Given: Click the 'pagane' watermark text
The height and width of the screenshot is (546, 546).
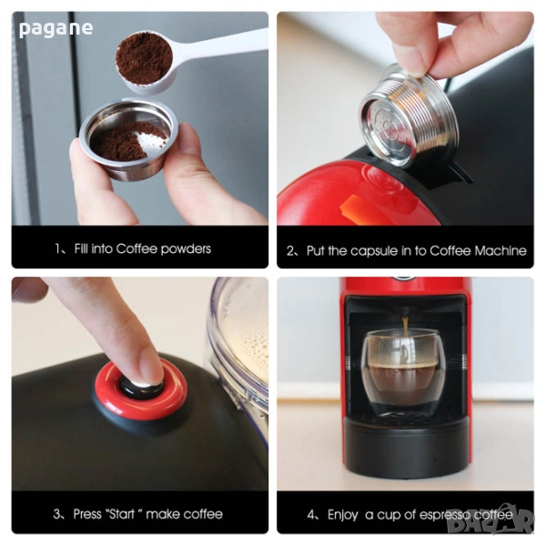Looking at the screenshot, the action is point(56,28).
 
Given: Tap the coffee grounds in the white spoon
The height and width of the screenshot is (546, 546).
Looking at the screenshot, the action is point(144,58).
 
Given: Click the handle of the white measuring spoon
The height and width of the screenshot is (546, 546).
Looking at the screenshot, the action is point(222,45).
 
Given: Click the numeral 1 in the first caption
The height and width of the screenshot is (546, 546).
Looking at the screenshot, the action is point(58,248).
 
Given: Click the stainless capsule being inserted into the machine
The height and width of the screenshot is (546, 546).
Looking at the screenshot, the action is point(408,115).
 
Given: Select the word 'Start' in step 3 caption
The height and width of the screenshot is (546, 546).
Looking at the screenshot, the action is point(121,514).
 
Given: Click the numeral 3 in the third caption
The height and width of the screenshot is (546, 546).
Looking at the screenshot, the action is point(56,514).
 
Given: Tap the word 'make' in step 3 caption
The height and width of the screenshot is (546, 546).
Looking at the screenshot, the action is point(162,514).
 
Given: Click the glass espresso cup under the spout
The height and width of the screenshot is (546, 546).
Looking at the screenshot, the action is point(404,372).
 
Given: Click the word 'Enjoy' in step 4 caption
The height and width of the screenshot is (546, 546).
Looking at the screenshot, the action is point(343,515).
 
